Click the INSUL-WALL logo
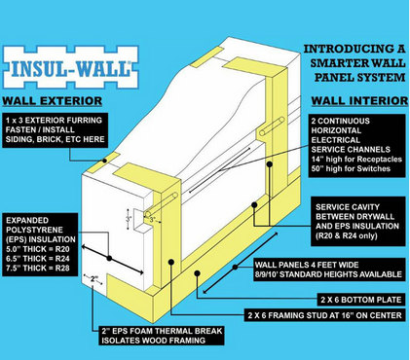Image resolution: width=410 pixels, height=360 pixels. [71, 67]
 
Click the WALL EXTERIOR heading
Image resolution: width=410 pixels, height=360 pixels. [53, 101]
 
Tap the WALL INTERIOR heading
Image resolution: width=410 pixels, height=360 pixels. [359, 101]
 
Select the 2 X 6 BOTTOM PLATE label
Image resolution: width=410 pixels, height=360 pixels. [361, 300]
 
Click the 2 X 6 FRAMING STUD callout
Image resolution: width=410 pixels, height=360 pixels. [325, 315]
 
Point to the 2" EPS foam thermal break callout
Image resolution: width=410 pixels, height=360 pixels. [162, 336]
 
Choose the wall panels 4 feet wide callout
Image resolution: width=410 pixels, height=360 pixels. [329, 270]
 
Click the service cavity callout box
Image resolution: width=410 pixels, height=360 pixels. [358, 222]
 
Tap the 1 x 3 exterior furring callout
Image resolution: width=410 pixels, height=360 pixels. [56, 130]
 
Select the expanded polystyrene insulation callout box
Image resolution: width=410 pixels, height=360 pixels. [40, 244]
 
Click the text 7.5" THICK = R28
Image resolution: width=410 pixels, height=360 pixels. [38, 269]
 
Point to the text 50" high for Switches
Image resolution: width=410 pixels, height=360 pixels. [351, 168]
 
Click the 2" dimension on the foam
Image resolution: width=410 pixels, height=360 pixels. [93, 278]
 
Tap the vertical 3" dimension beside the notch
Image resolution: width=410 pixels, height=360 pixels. [129, 219]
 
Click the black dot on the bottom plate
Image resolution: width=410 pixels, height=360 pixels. [197, 273]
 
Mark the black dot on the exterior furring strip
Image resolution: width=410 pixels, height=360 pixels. [104, 161]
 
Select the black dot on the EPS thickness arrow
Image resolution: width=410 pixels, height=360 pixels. [109, 258]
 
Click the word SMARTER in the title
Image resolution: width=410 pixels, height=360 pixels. [339, 63]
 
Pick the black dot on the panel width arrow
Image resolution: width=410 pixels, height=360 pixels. [235, 267]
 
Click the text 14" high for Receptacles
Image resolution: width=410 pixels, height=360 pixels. [356, 160]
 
